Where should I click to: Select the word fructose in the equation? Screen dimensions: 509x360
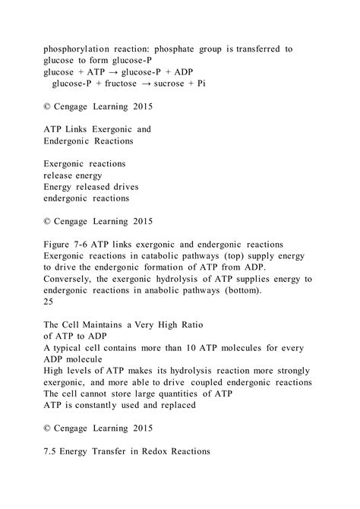[x=126, y=83]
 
